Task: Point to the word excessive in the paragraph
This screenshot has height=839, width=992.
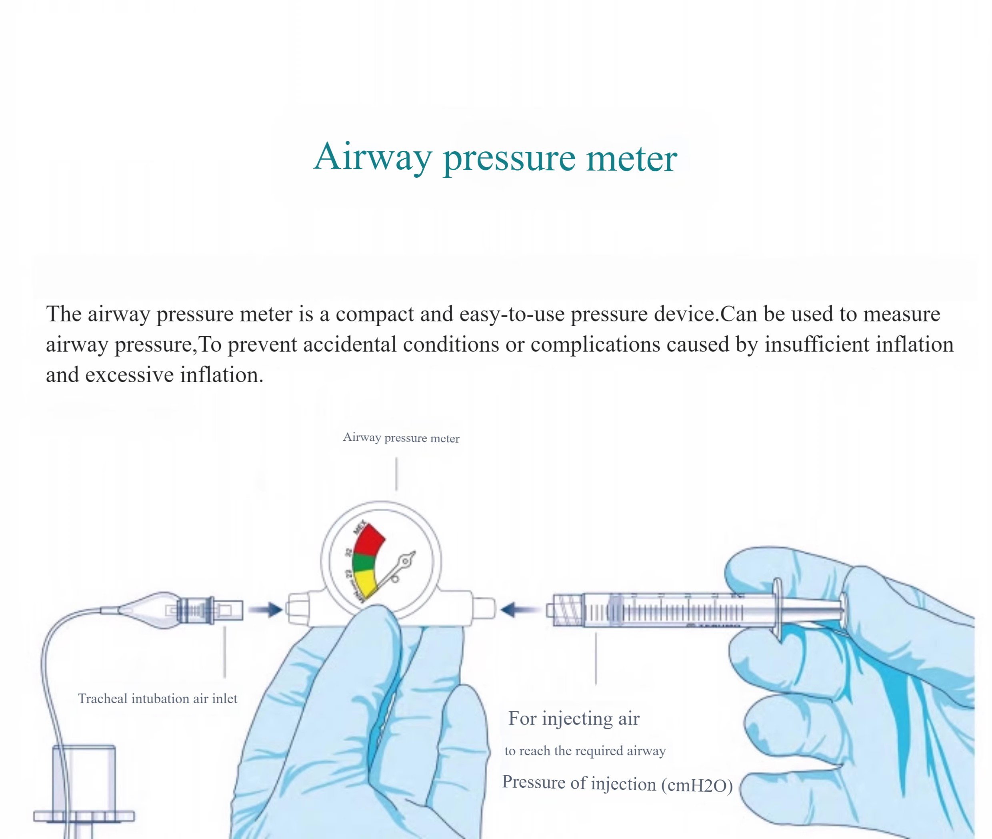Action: [129, 375]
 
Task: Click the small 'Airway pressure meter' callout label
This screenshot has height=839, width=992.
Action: [401, 438]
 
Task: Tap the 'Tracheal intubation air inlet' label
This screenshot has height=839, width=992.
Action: [157, 698]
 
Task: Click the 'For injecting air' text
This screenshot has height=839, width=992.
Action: [574, 719]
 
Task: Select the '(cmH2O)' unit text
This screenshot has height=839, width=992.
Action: [697, 785]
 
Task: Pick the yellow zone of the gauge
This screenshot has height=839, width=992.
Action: [365, 583]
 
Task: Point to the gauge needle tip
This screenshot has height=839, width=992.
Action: [414, 554]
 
